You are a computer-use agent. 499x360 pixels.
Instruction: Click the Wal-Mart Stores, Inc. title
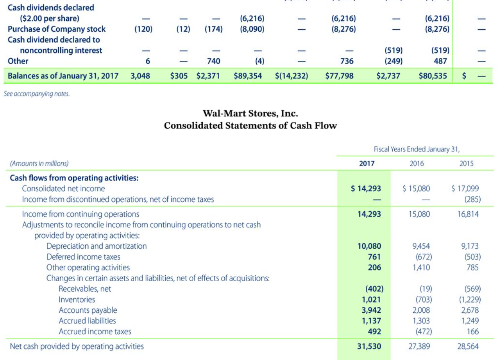(250, 114)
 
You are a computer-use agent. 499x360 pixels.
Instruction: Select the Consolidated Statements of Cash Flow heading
(250, 125)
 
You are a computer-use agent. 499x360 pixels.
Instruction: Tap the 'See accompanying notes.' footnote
(37, 94)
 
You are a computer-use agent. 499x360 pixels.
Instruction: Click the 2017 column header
(367, 164)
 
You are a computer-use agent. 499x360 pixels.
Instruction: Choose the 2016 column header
(417, 164)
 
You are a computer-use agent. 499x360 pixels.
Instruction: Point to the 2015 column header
(466, 164)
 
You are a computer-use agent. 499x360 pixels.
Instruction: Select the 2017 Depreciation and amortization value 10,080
(369, 246)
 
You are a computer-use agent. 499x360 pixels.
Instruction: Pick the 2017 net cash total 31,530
(369, 346)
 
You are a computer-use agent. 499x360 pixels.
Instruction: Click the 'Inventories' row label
(77, 300)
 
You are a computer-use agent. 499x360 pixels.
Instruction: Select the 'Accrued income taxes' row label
(95, 331)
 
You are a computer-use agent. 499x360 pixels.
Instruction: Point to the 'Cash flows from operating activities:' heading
(74, 178)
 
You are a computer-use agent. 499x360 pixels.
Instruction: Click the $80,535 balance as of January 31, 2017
(433, 76)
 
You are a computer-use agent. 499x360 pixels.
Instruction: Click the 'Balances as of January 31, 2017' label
(63, 76)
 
